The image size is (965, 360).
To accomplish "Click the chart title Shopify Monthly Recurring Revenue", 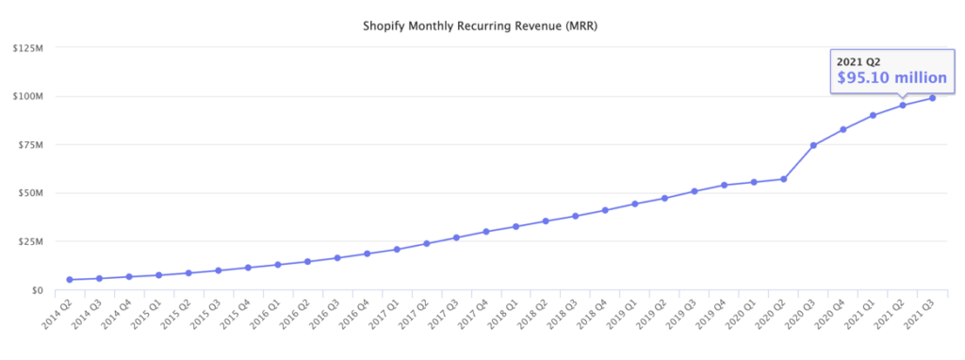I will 482,25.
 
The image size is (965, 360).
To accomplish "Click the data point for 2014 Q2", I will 70,280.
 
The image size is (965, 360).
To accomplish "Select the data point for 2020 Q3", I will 813,145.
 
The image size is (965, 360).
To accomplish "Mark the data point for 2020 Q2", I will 783,179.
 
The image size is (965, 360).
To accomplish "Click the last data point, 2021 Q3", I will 932,98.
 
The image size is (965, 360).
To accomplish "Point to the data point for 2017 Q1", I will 397,250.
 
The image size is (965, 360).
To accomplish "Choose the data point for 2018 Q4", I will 605,210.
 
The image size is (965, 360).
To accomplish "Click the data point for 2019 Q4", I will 724,185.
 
